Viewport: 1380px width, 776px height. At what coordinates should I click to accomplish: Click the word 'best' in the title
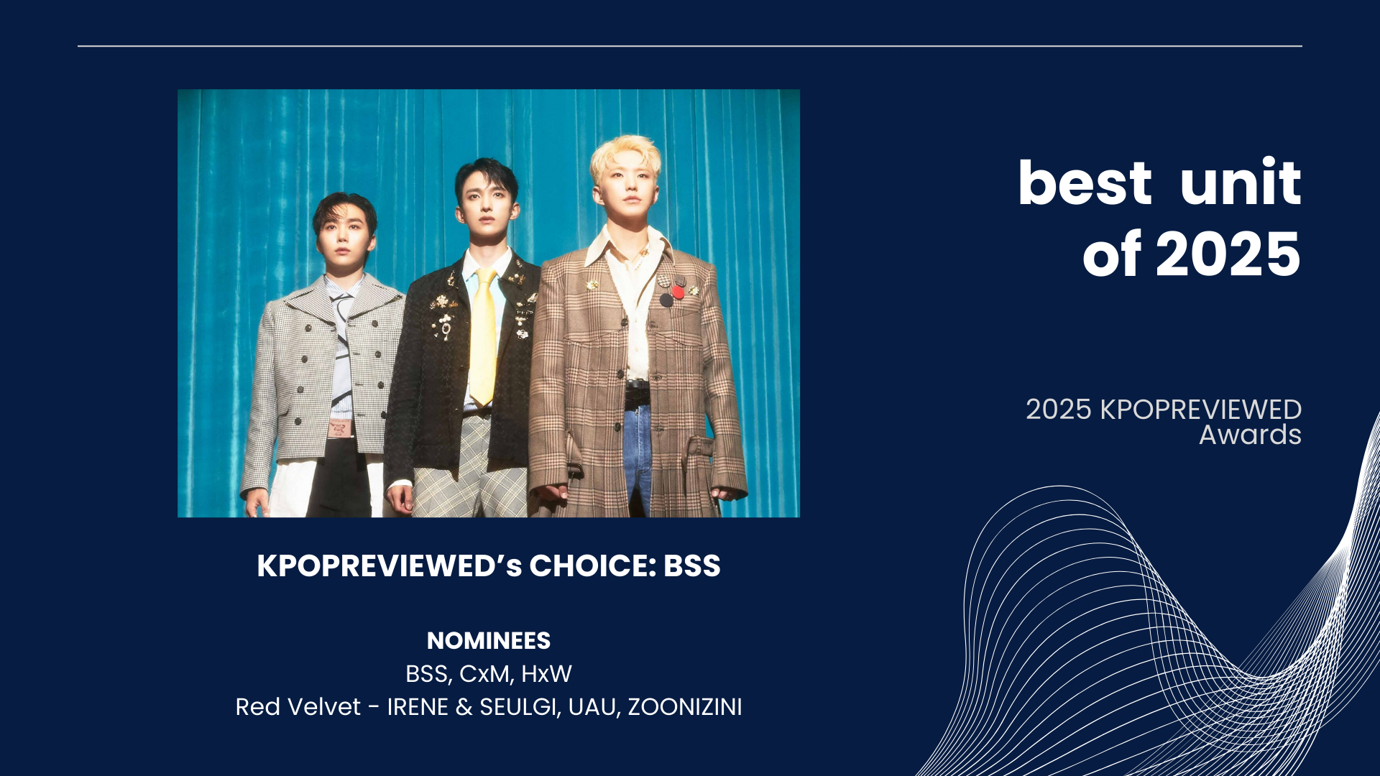click(1085, 183)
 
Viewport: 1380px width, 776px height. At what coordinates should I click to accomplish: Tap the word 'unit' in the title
click(1241, 181)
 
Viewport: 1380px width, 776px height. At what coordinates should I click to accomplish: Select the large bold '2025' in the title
click(1228, 254)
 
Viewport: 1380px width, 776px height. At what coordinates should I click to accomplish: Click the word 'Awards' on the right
click(1250, 435)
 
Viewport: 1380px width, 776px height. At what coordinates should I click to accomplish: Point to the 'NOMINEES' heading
click(489, 640)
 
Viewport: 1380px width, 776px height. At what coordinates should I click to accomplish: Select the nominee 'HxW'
click(546, 674)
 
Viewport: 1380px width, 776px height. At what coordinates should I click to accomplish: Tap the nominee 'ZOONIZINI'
click(685, 707)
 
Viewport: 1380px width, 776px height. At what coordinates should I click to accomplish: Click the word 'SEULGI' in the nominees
click(518, 707)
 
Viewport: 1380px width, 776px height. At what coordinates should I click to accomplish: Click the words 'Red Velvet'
click(298, 707)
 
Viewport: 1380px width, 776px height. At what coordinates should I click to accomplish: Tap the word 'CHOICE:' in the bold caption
click(593, 566)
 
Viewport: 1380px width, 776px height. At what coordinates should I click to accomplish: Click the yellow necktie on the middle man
click(484, 335)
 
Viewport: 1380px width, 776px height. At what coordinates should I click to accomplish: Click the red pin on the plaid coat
click(678, 292)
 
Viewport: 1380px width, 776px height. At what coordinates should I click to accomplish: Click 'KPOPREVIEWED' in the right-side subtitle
click(1200, 410)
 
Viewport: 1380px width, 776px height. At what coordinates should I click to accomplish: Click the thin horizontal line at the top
click(690, 46)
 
